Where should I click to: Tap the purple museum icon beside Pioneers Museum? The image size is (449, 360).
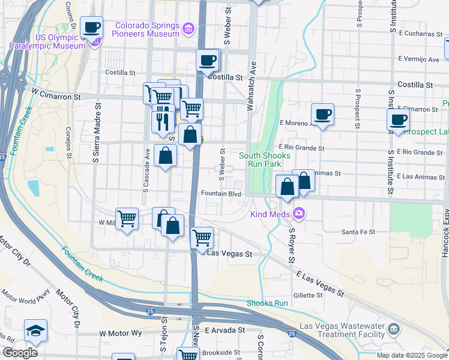(x=188, y=28)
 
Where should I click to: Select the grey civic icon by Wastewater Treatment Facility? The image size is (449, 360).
(x=394, y=328)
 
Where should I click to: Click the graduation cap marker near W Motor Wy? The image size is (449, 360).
(x=35, y=331)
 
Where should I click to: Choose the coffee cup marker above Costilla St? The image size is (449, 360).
(x=208, y=60)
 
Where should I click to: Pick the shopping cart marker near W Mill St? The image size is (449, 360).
(x=127, y=219)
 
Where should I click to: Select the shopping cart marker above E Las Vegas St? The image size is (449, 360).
(x=202, y=238)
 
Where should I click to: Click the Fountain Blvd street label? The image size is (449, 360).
(x=221, y=194)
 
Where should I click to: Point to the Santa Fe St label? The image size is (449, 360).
(x=358, y=232)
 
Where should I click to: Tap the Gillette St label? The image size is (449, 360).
(x=309, y=295)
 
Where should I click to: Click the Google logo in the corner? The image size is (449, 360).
(x=20, y=352)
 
